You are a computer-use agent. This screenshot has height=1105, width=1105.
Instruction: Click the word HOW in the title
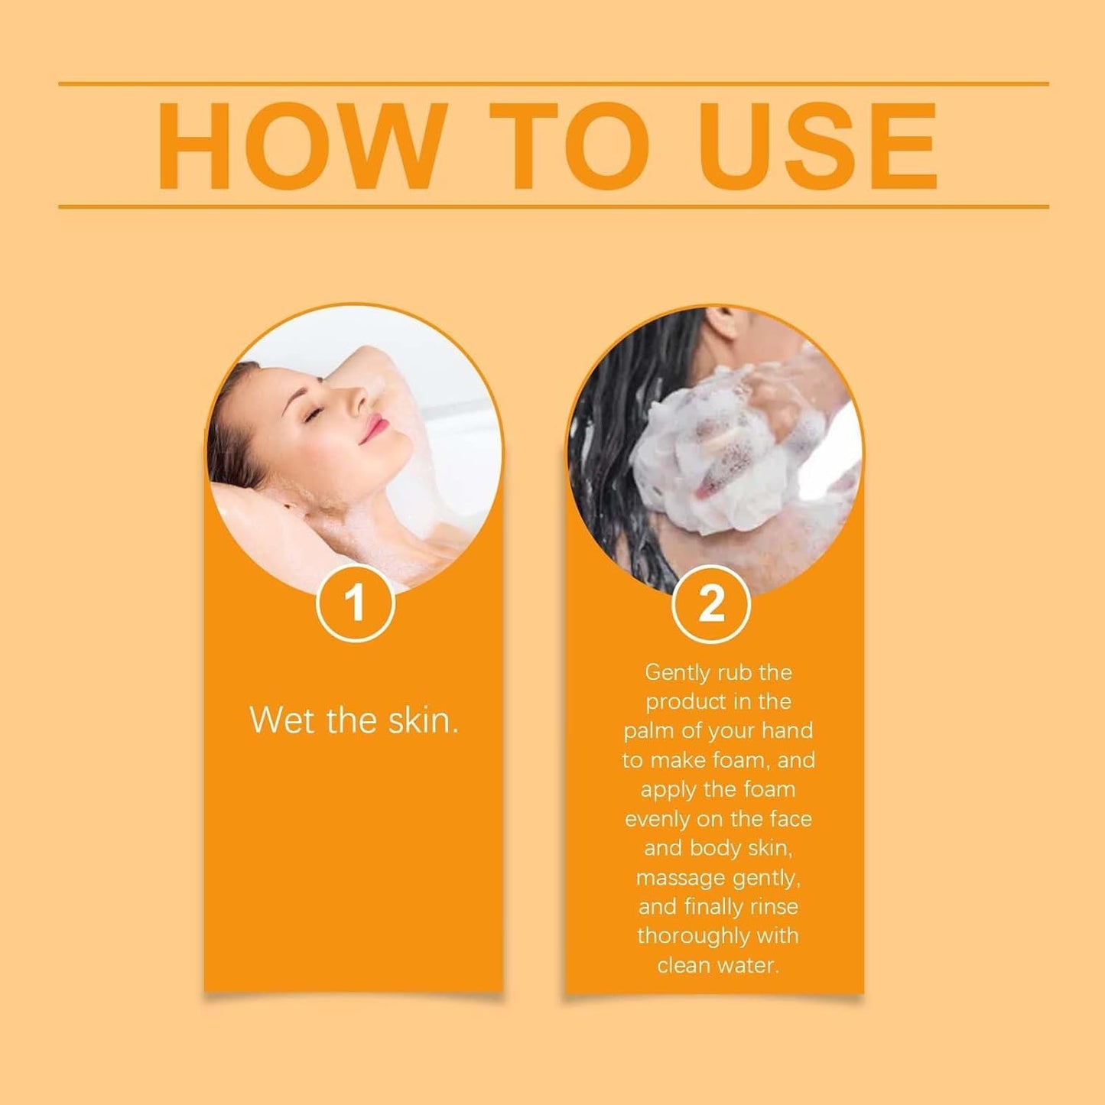(x=302, y=145)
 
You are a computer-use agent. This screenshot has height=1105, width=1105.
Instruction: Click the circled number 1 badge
(x=355, y=604)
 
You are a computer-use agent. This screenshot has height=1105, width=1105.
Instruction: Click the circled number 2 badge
(x=711, y=604)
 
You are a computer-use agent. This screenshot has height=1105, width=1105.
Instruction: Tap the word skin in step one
(x=423, y=720)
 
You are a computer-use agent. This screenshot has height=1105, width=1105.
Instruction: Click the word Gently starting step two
(x=676, y=673)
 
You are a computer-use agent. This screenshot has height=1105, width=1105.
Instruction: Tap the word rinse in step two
(x=773, y=907)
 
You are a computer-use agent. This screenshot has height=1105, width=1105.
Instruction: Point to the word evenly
(x=657, y=819)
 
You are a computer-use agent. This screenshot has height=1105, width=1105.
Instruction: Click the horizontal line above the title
(x=553, y=84)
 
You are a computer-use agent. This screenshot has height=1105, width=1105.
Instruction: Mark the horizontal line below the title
(x=553, y=206)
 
